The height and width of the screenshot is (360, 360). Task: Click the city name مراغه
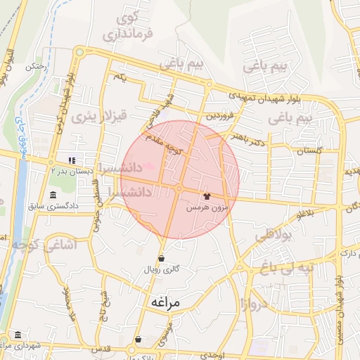166,302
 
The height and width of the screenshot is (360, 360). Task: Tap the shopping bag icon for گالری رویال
162,258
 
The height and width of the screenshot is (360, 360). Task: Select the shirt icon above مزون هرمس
207,196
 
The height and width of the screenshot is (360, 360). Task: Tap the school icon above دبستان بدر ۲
72,159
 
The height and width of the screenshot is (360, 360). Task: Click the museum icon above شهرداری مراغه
17,334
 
